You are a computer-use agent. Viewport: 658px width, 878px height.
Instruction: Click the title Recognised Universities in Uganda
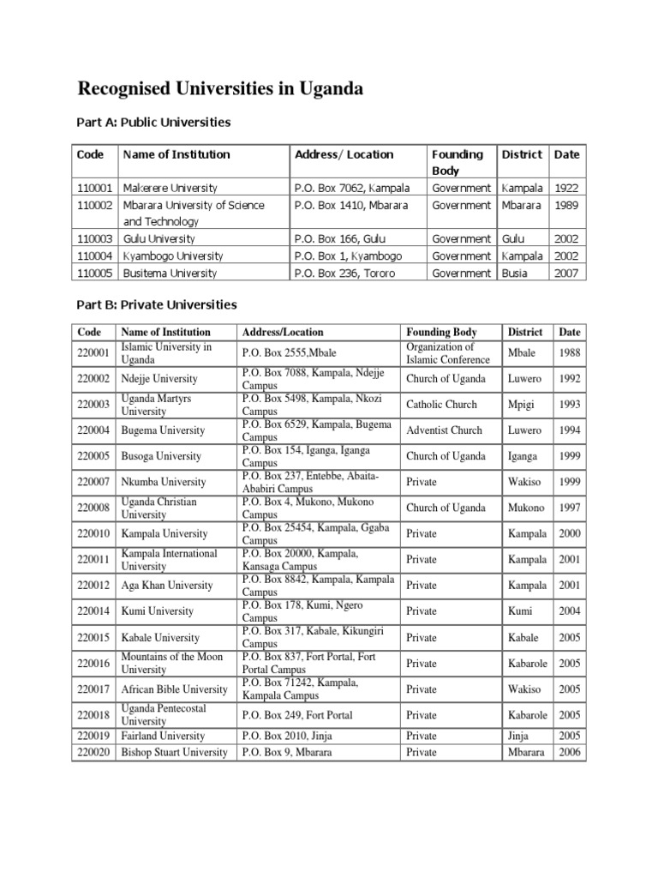(221, 88)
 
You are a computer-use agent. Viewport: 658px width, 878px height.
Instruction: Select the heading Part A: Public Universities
(154, 123)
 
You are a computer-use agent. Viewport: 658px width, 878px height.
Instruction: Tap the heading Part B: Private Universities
(157, 304)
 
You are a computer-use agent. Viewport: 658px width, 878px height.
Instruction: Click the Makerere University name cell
(170, 188)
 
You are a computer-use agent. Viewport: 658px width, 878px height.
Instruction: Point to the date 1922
(566, 188)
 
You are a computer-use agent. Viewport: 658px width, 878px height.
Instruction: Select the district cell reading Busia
(516, 274)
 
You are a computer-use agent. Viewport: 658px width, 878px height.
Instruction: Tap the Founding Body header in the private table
(441, 332)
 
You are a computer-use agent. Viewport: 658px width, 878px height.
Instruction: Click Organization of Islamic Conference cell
(440, 352)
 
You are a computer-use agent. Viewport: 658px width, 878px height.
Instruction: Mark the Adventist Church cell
(444, 430)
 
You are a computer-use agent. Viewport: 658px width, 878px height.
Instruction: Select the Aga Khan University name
(167, 586)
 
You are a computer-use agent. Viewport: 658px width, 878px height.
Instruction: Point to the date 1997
(569, 508)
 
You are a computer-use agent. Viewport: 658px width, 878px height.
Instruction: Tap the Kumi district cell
(519, 611)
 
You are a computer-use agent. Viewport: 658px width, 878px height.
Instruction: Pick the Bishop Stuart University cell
(175, 752)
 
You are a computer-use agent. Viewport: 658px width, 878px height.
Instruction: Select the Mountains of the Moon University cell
(172, 663)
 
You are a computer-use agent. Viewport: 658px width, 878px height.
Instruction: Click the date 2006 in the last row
(569, 752)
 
